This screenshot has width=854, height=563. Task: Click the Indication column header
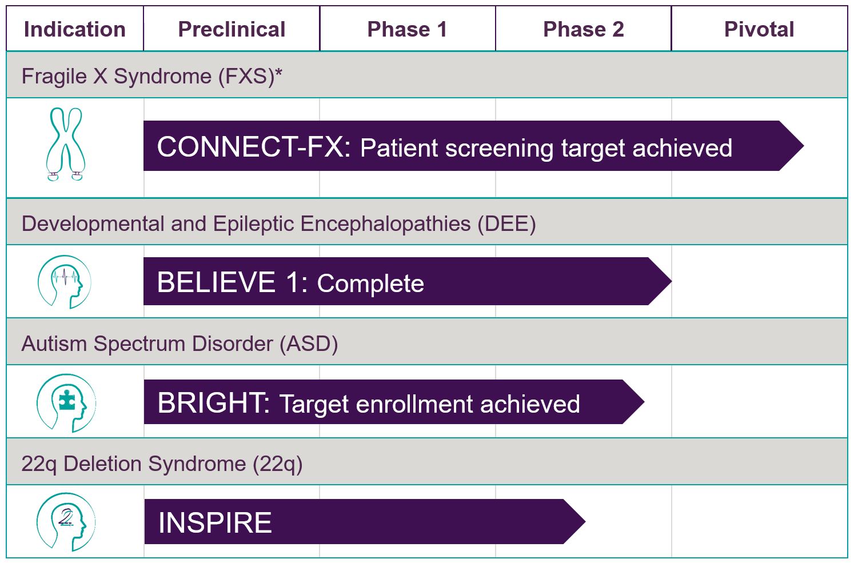pos(75,29)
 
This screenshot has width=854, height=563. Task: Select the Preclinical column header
pos(232,29)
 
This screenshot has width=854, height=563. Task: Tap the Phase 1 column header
pos(407,29)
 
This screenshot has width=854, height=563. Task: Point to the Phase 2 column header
pos(583,29)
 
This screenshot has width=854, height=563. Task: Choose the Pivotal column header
pos(759,29)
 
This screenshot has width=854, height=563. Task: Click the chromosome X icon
pos(66,143)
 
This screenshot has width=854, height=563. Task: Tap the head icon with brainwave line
pos(65,282)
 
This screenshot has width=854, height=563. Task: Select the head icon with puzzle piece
pos(66,403)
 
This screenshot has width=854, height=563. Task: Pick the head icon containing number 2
pos(66,522)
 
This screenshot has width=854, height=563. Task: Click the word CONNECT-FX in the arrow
pos(254,147)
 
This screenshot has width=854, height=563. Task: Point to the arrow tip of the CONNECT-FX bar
pos(804,146)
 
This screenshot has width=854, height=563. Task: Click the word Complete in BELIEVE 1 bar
pos(370,284)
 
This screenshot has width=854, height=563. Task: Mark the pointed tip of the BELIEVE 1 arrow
pos(672,281)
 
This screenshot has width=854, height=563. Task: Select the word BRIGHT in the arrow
pos(214,403)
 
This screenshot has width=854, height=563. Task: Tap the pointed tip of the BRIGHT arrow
pos(644,402)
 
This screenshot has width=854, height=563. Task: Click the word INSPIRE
pos(215,522)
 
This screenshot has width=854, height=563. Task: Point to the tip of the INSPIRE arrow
pos(585,521)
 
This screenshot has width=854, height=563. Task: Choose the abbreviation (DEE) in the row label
pos(507,223)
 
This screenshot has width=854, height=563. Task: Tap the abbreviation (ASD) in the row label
pos(309,344)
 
